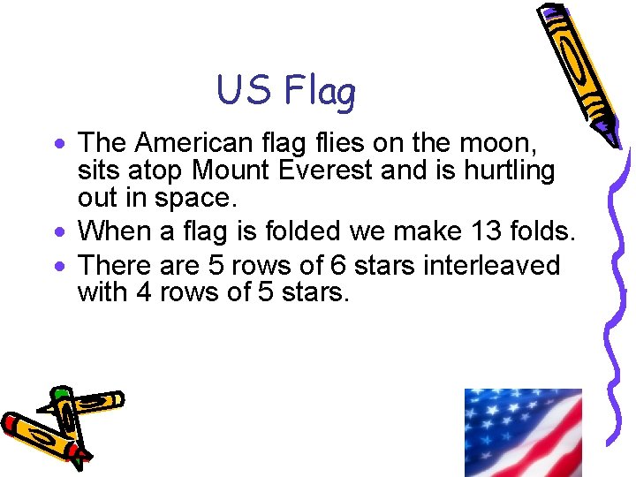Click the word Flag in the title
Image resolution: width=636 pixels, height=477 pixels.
pyautogui.click(x=320, y=90)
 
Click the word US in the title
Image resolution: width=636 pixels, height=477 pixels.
pyautogui.click(x=245, y=90)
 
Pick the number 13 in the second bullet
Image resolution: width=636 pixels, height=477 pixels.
pyautogui.click(x=477, y=232)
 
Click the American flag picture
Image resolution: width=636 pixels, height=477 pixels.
pyautogui.click(x=523, y=433)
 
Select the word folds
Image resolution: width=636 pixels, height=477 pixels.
pyautogui.click(x=541, y=232)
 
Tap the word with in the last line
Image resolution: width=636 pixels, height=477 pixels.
pyautogui.click(x=102, y=291)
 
